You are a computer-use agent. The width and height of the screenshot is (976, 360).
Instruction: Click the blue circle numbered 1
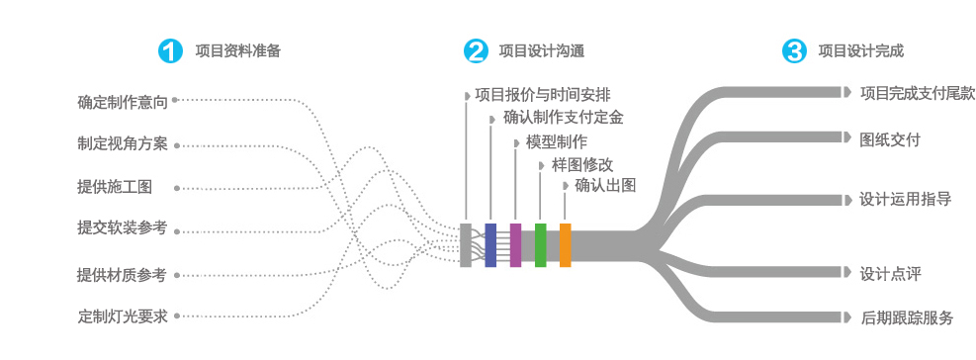[171, 51]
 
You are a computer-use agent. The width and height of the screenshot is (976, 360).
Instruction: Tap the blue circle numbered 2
[477, 51]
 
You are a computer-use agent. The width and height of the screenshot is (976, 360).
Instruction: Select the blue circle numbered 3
[794, 51]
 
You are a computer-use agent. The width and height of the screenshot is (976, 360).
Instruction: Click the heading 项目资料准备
[237, 51]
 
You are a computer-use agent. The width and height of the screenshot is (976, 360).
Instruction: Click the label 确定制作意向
[123, 101]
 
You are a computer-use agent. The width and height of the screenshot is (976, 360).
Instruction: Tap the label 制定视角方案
[123, 144]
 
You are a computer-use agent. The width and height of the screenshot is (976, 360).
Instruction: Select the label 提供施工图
[115, 187]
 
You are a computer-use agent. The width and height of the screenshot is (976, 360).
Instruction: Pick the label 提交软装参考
[123, 228]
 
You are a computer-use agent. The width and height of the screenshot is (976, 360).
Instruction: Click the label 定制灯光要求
[123, 317]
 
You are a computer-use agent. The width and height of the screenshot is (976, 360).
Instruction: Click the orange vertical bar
[566, 244]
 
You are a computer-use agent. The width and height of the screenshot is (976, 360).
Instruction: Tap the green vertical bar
[540, 244]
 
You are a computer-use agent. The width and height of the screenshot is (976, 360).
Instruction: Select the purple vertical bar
[515, 244]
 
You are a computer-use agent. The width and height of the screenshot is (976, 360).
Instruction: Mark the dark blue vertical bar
[490, 244]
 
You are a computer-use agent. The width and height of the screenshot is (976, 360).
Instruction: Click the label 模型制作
[557, 141]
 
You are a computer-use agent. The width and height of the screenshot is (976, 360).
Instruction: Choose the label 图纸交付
[890, 139]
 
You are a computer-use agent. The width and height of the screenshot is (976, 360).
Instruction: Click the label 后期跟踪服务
[907, 317]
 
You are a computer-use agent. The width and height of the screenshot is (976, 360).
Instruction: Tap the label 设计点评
[890, 272]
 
